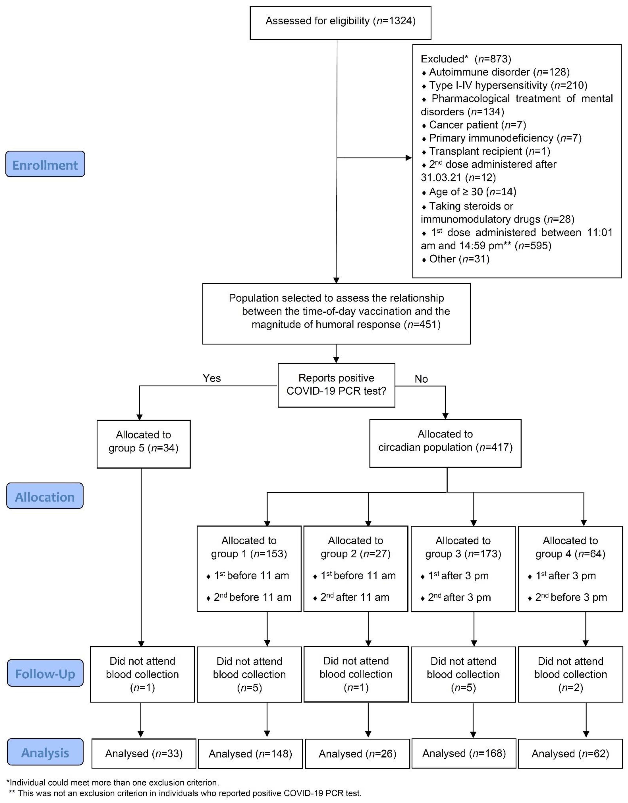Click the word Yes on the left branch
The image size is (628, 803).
click(212, 378)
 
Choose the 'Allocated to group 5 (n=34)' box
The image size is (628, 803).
click(143, 444)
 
